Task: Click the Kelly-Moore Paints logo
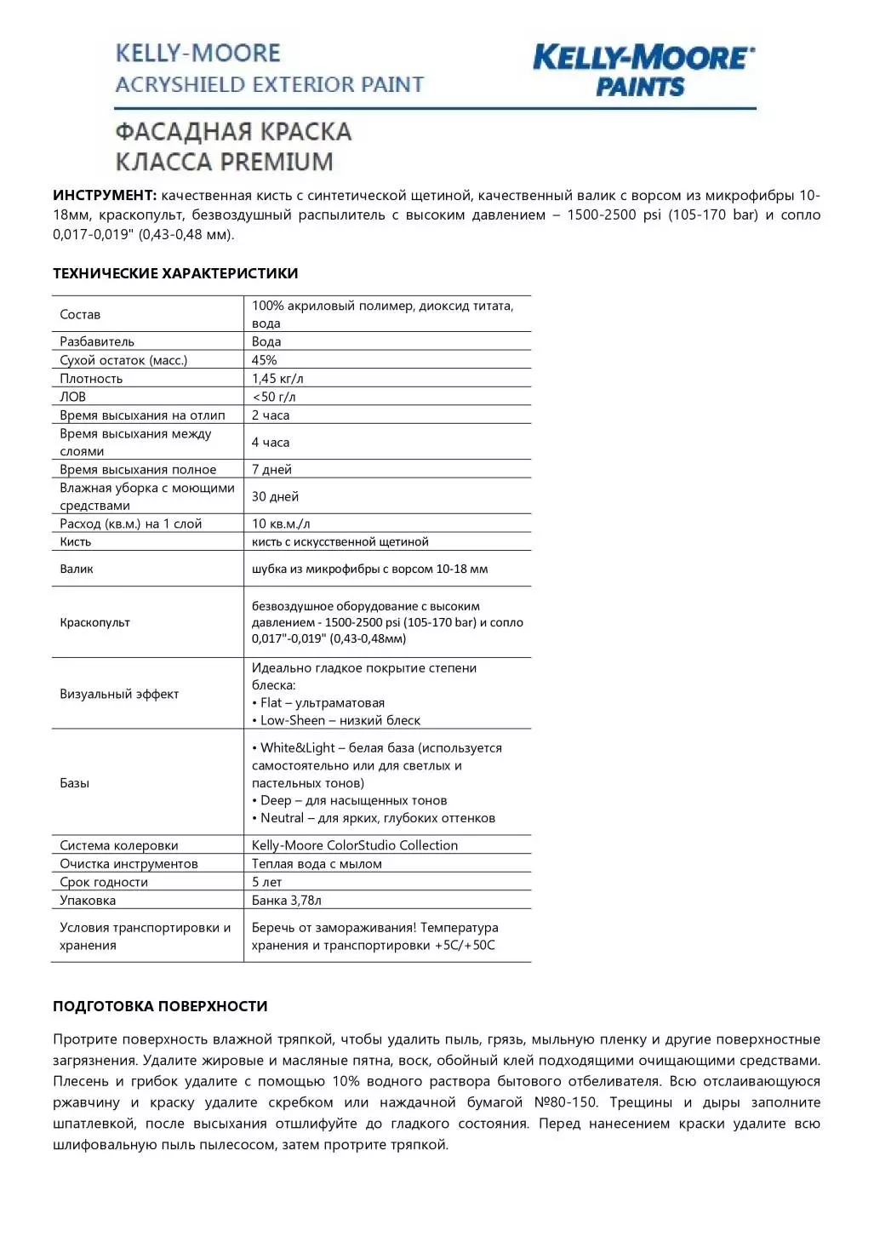[643, 71]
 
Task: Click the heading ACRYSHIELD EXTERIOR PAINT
[269, 84]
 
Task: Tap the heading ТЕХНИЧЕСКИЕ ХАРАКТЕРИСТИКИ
[175, 273]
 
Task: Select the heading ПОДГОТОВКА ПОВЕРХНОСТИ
[160, 1006]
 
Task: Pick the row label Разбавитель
[97, 341]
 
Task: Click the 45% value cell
[264, 360]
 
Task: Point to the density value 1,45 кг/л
[277, 379]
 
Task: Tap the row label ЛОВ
[72, 397]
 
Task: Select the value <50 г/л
[274, 397]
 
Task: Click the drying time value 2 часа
[271, 415]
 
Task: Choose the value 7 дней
[271, 469]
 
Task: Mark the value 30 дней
[275, 496]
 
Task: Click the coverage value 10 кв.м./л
[281, 524]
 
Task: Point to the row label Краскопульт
[94, 622]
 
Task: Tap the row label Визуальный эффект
[119, 694]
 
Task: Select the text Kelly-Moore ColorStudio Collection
[354, 845]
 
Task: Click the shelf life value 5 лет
[266, 882]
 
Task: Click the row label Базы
[74, 783]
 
